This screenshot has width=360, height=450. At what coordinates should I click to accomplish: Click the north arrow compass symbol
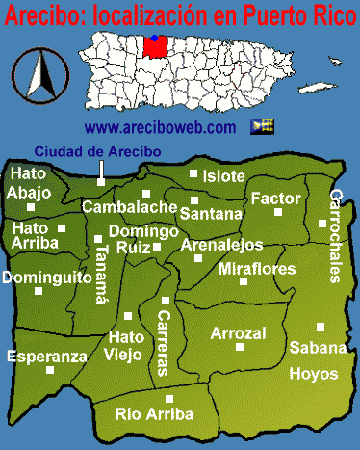click(x=40, y=76)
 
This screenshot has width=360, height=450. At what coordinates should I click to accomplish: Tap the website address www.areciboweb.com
click(x=160, y=126)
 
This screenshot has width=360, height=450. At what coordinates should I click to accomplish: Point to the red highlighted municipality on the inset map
click(x=154, y=44)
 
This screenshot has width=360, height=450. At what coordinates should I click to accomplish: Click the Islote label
click(x=223, y=176)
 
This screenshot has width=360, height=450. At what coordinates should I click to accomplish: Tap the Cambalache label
click(x=129, y=206)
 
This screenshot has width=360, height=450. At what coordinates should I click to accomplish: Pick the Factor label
click(x=276, y=198)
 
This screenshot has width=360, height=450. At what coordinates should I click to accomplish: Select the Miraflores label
click(x=256, y=269)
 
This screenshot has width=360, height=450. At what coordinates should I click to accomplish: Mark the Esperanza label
click(x=46, y=356)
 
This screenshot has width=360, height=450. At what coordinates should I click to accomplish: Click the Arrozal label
click(x=238, y=333)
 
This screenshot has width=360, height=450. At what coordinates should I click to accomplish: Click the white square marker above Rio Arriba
click(x=169, y=398)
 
